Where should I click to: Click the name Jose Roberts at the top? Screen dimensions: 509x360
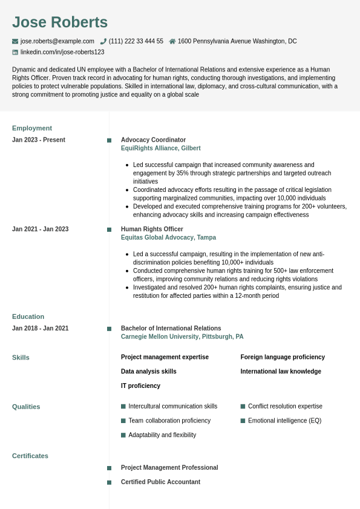click(x=60, y=22)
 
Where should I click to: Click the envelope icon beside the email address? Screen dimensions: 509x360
click(x=15, y=41)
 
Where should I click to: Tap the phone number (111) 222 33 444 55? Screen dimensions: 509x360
click(x=136, y=41)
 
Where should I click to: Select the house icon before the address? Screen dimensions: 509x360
click(x=172, y=41)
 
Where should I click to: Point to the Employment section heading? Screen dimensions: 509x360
click(x=32, y=128)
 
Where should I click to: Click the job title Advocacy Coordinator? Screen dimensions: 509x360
click(x=153, y=140)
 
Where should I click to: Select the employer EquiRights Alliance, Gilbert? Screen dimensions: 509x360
click(x=160, y=148)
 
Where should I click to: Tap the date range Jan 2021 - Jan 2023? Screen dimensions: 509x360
click(x=40, y=229)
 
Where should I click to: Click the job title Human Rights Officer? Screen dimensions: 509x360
click(x=152, y=229)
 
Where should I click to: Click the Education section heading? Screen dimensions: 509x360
click(x=28, y=317)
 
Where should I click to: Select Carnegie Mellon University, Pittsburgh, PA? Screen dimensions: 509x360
click(x=182, y=337)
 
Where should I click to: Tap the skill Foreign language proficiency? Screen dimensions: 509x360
click(x=283, y=357)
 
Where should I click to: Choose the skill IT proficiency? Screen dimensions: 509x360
click(x=140, y=386)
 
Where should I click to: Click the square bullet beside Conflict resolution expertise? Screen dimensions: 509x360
click(x=243, y=406)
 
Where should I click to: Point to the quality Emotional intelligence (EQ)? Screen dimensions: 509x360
click(x=284, y=421)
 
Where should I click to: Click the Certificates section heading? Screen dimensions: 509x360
click(x=30, y=456)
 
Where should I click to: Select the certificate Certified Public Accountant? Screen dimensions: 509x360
click(x=160, y=482)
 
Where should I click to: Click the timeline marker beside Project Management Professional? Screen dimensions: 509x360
click(x=109, y=468)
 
